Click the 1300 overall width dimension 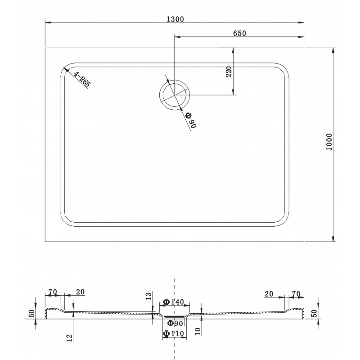click(x=175, y=19)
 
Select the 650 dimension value click(x=239, y=33)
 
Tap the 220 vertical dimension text click(x=229, y=72)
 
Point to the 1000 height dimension click(x=329, y=142)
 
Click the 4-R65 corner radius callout click(x=81, y=79)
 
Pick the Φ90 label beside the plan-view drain click(x=191, y=120)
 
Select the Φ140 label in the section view click(x=173, y=301)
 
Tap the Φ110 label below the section click(x=173, y=333)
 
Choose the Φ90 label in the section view click(x=175, y=323)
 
